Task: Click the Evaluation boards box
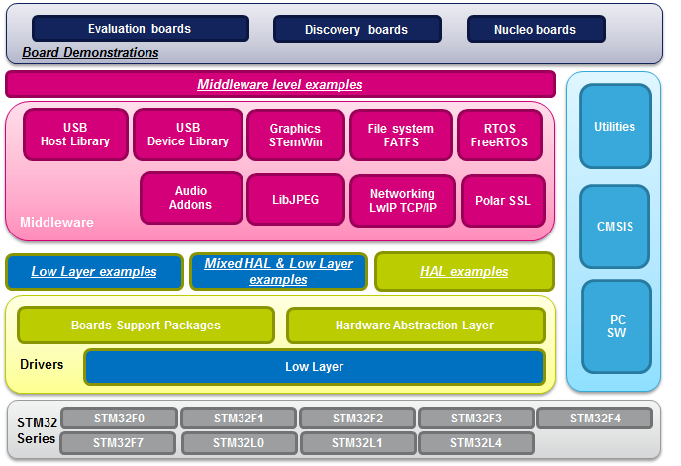click(x=139, y=29)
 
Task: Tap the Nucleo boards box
click(x=535, y=29)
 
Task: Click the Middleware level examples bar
click(x=280, y=84)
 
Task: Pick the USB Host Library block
click(x=75, y=135)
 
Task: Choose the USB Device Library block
click(x=188, y=135)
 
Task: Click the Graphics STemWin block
click(x=295, y=135)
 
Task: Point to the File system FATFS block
click(x=400, y=135)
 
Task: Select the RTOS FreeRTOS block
click(x=501, y=135)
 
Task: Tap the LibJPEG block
click(x=296, y=200)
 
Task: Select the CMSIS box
click(x=615, y=227)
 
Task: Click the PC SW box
click(x=616, y=326)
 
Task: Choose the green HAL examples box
click(x=463, y=271)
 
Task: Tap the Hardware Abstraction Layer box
click(x=415, y=325)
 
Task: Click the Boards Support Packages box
click(x=146, y=325)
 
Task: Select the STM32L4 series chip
click(x=476, y=442)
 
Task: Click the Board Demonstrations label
click(x=90, y=52)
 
